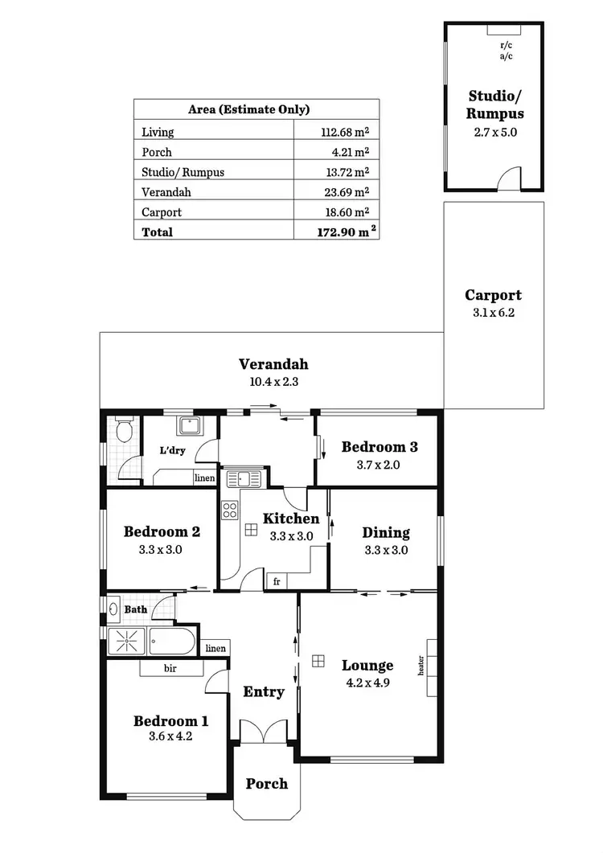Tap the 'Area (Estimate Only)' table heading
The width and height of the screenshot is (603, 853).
pyautogui.click(x=248, y=110)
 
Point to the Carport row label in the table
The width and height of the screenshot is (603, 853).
pyautogui.click(x=162, y=212)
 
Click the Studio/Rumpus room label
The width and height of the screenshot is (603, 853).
pyautogui.click(x=496, y=105)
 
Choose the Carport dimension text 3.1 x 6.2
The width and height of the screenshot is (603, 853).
pyautogui.click(x=494, y=313)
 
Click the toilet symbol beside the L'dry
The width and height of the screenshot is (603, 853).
pyautogui.click(x=124, y=431)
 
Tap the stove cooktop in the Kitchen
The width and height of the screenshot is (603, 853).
pyautogui.click(x=231, y=509)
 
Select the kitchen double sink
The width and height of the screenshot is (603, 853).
pyautogui.click(x=244, y=480)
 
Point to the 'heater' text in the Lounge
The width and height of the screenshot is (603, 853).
pyautogui.click(x=420, y=666)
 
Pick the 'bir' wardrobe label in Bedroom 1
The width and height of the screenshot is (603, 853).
pyautogui.click(x=170, y=668)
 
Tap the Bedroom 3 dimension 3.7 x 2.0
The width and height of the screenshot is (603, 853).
pyautogui.click(x=379, y=465)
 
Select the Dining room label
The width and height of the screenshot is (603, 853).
pyautogui.click(x=386, y=532)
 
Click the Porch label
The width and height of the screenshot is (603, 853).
pyautogui.click(x=266, y=783)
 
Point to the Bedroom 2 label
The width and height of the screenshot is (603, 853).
pyautogui.click(x=162, y=531)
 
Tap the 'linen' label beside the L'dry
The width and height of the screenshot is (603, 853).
pyautogui.click(x=205, y=478)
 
